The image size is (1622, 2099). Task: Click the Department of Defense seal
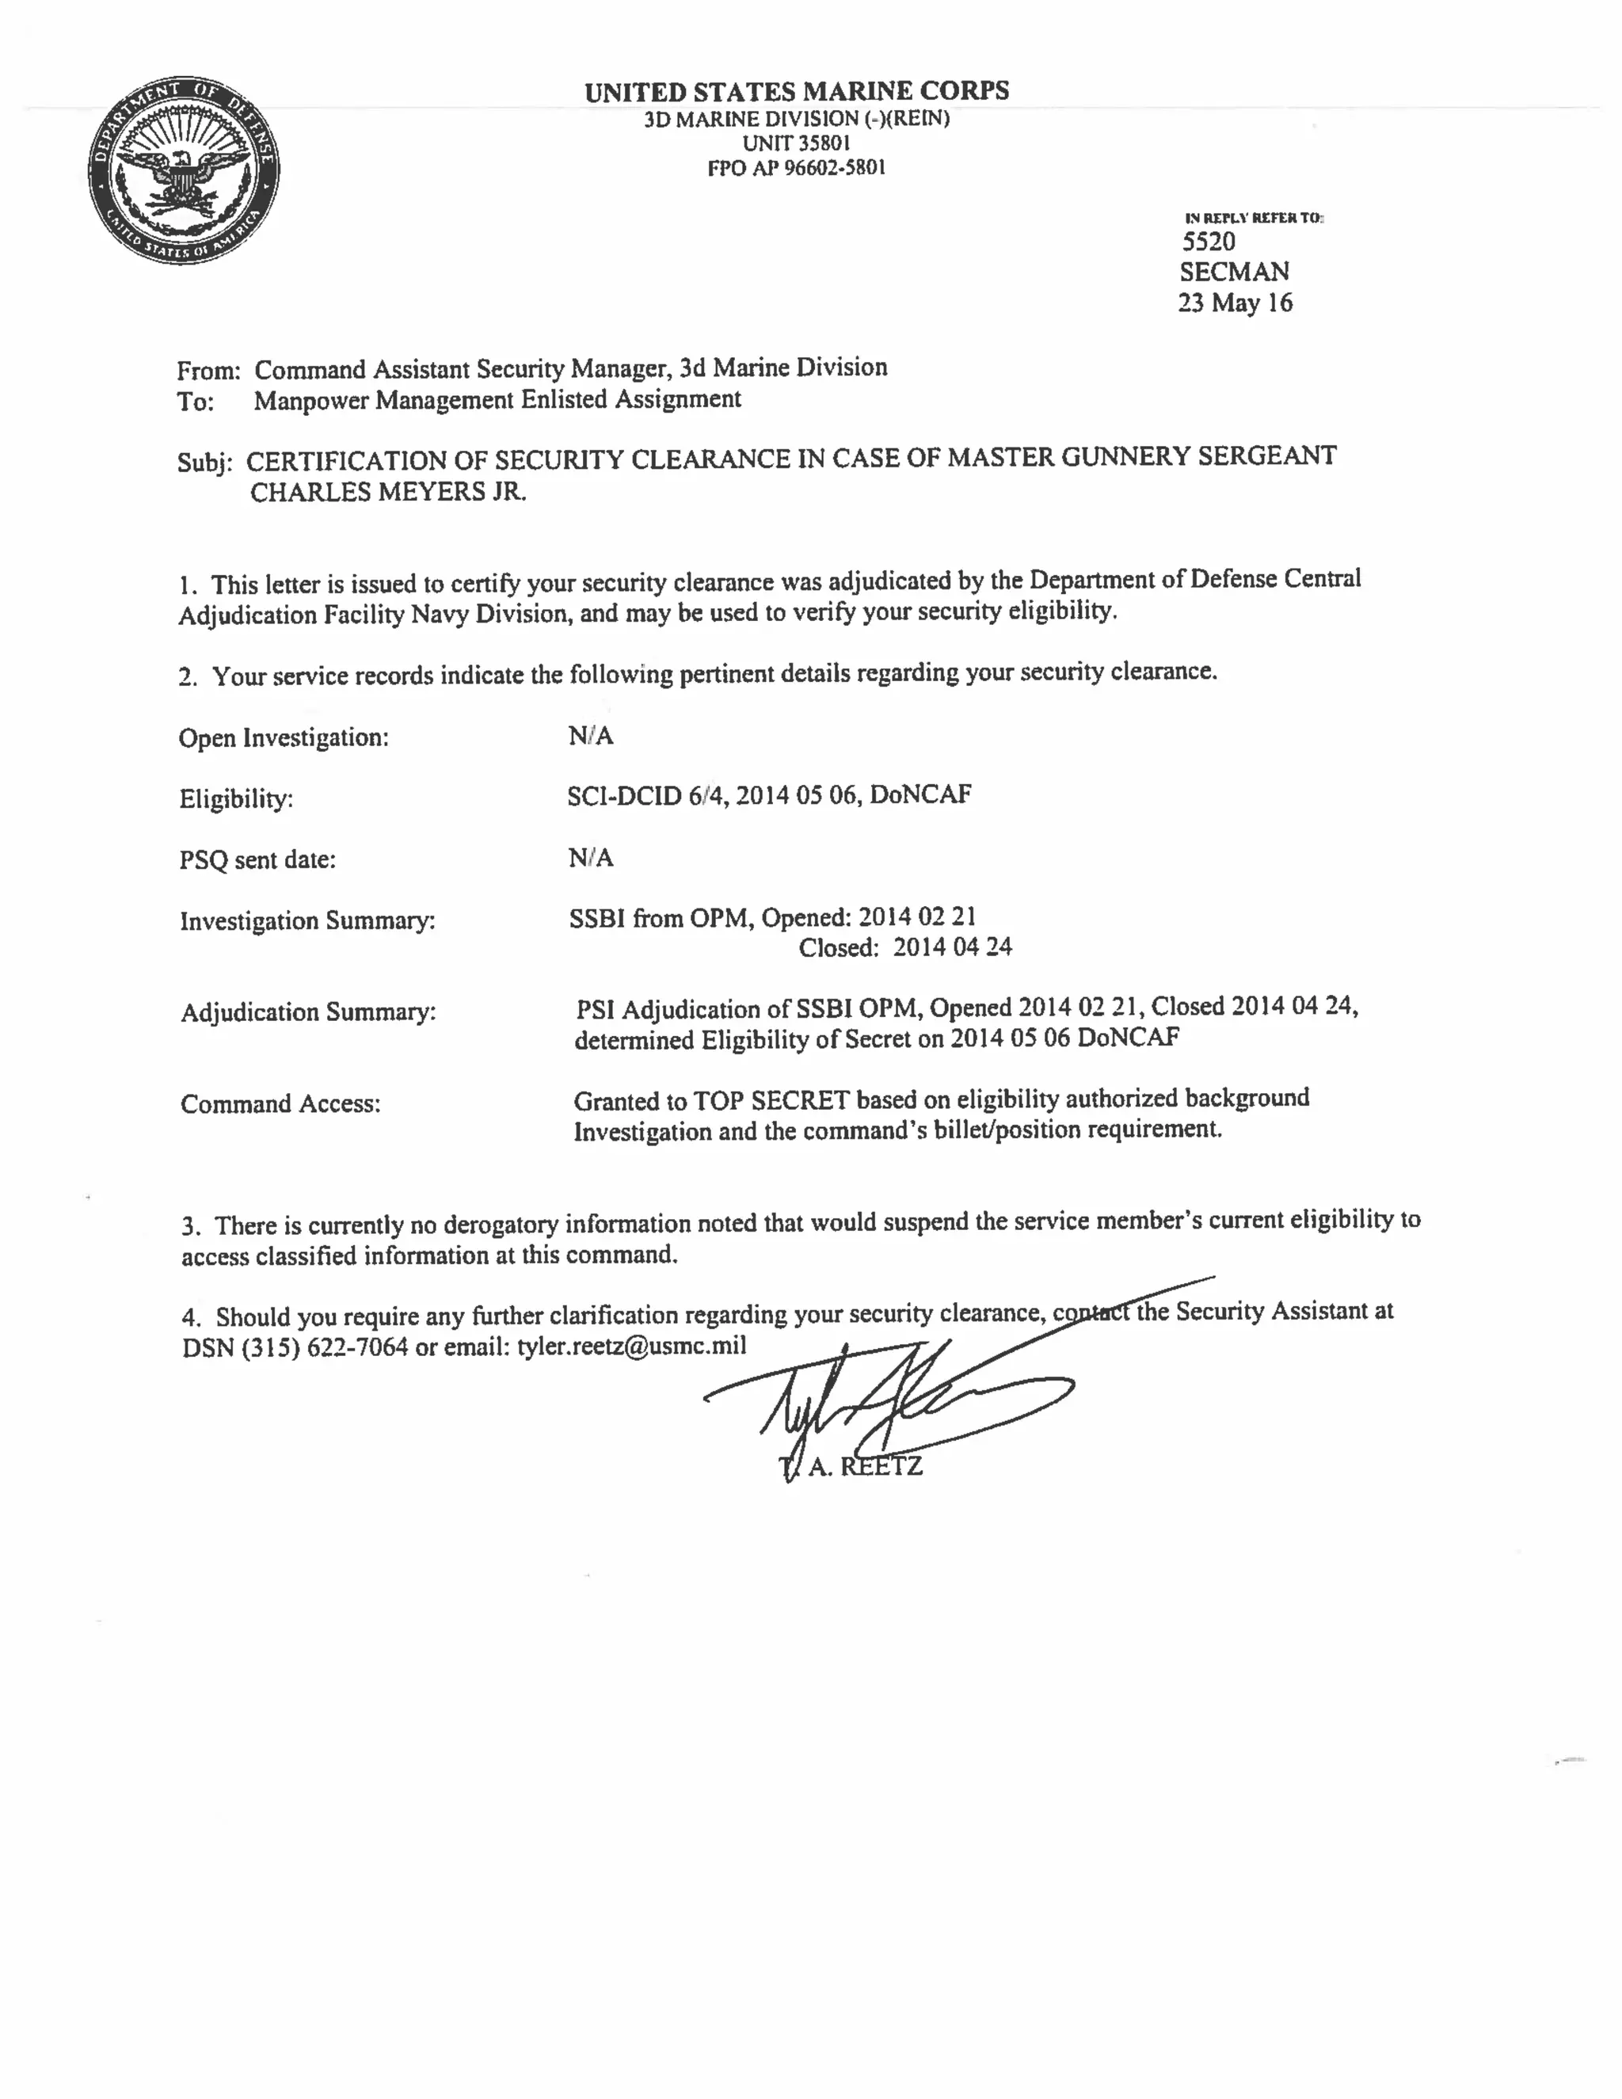184,170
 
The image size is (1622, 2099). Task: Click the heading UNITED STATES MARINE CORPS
797,91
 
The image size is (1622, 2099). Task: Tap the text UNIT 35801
796,143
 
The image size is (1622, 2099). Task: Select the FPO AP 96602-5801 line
796,168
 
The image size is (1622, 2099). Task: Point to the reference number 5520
1208,242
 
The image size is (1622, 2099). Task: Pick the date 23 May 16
1235,303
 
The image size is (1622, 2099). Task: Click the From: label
208,371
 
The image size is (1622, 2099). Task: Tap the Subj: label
204,463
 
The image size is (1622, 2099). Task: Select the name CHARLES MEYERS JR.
388,492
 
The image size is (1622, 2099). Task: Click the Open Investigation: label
284,738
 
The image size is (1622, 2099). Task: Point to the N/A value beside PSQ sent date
590,857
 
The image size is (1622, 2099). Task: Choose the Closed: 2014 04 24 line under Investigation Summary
905,947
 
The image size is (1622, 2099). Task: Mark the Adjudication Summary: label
307,1013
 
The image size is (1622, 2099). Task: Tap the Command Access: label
280,1104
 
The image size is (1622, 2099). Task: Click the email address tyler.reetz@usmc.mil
631,1346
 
